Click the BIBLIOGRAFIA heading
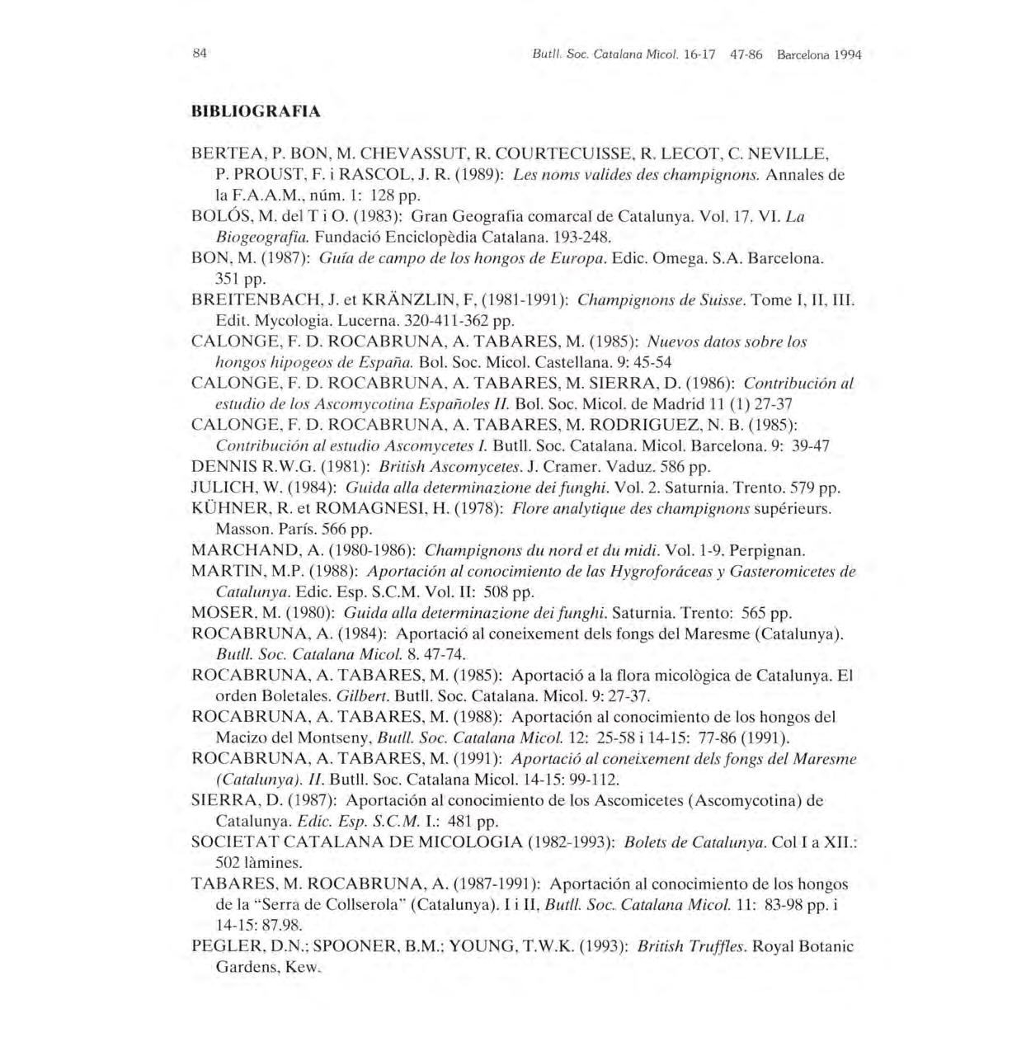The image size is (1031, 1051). point(256,111)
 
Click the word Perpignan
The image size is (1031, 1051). point(767,550)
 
